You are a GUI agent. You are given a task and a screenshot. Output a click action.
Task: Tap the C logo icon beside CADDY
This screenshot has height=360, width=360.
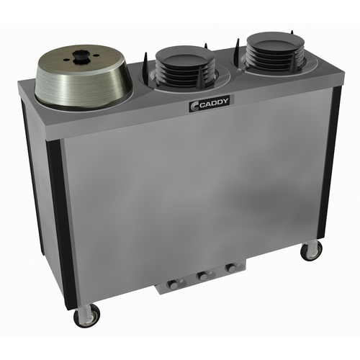[194, 106]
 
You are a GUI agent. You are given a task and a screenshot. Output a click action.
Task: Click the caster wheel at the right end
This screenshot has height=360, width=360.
[311, 251]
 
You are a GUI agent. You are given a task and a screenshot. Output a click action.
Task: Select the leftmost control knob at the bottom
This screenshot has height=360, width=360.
[173, 284]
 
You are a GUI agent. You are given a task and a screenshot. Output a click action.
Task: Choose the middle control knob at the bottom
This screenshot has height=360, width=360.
[202, 276]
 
